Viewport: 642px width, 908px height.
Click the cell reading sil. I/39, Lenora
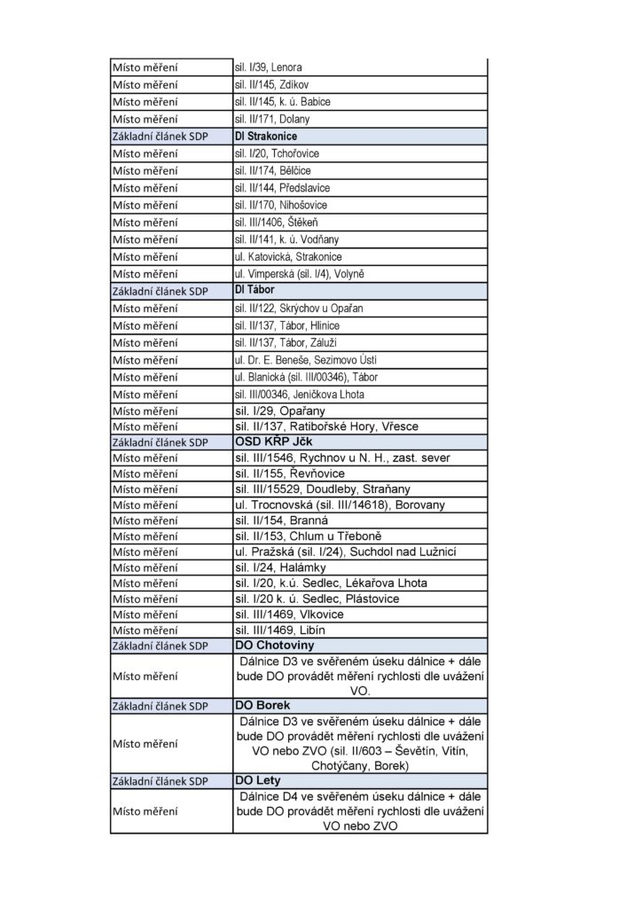click(x=276, y=67)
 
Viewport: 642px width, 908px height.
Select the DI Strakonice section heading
click(x=266, y=137)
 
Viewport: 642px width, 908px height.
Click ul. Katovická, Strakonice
click(x=288, y=256)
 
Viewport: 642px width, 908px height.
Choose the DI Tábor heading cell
click(x=253, y=290)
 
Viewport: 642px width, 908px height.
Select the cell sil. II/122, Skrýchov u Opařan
click(x=299, y=308)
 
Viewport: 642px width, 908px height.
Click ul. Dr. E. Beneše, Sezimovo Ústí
click(x=304, y=359)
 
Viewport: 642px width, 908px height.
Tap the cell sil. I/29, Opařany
click(x=279, y=411)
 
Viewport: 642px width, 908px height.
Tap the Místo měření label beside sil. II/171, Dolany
click(x=145, y=119)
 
